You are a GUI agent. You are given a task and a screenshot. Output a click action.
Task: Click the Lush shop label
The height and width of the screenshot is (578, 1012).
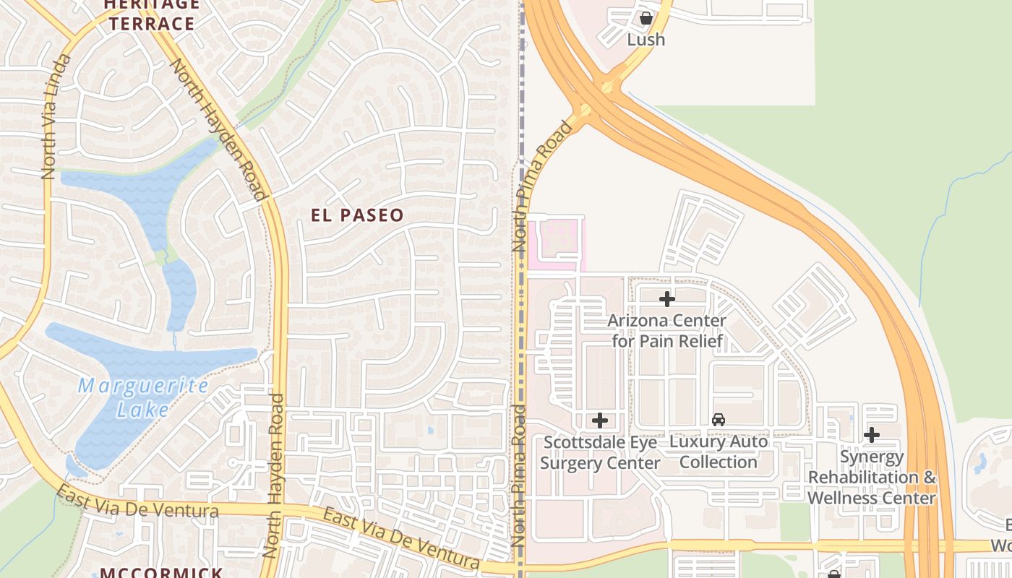pos(646,40)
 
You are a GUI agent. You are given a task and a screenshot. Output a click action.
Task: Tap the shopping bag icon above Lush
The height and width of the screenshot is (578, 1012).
pos(646,17)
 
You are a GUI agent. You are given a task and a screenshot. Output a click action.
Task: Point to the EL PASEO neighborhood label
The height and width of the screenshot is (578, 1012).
pos(357,215)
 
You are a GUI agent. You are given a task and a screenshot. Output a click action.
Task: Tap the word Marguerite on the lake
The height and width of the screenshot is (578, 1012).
pos(143,386)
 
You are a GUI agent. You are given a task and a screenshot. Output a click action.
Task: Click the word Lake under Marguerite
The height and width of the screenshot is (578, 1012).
pos(142,410)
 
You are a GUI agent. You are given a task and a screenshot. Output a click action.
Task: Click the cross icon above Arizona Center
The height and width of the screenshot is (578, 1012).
pos(667,298)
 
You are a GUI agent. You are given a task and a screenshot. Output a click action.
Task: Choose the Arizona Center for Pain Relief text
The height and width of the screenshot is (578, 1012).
pos(667,330)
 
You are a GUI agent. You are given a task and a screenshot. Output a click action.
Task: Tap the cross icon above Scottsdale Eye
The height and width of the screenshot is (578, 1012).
pos(599,420)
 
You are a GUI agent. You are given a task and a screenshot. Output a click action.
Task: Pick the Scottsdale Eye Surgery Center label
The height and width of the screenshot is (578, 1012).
pos(600,452)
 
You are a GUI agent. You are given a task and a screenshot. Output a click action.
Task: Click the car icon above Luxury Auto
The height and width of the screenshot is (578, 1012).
pos(719,420)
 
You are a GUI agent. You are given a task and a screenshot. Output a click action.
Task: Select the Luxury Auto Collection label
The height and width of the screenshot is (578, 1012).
pos(719,452)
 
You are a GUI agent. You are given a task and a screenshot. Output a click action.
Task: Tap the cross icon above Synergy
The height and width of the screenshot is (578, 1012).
pos(872,435)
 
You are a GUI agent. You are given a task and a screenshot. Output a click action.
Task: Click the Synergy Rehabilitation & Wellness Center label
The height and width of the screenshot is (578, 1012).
pos(872,478)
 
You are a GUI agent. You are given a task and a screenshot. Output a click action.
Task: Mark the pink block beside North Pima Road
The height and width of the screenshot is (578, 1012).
pos(555,242)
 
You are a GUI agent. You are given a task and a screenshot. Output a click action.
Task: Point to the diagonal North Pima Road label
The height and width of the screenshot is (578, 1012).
pos(541,186)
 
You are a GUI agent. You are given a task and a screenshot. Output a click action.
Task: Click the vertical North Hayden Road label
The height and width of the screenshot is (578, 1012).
pos(273,475)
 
